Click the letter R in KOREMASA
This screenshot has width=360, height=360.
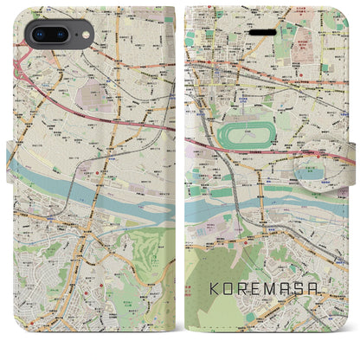point(247,309)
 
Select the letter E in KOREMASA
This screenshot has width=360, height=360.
point(262,309)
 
